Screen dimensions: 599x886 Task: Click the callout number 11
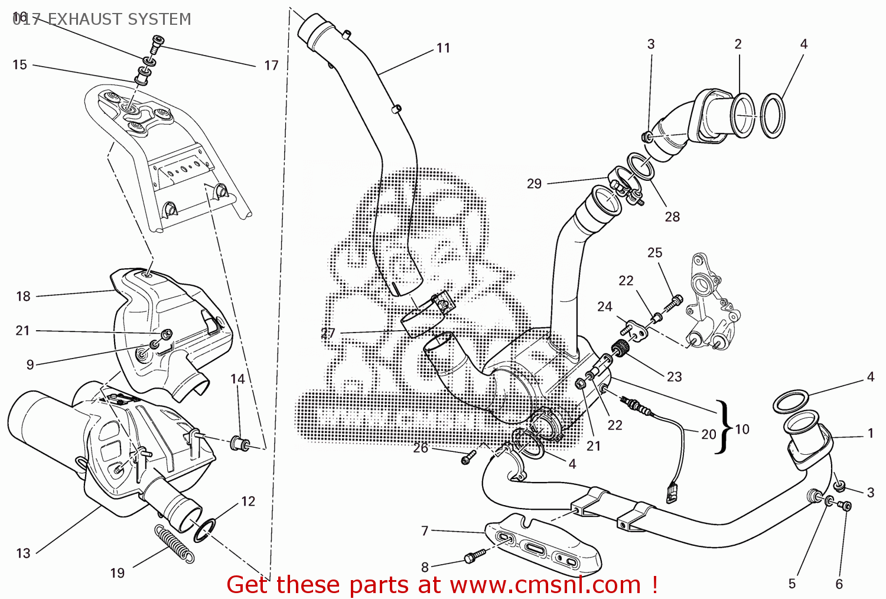(444, 48)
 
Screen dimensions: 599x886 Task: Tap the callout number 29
(534, 184)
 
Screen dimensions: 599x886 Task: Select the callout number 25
(654, 253)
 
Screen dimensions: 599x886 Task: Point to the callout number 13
(23, 554)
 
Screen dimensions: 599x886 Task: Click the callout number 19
(118, 573)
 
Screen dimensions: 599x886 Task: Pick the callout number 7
(425, 531)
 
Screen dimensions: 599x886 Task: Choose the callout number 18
(23, 297)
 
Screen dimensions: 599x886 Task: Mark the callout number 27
(328, 333)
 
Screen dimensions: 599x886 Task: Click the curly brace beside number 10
(722, 427)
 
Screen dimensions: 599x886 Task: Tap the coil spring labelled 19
(174, 542)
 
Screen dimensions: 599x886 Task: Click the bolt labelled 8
(474, 556)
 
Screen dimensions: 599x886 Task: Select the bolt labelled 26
(468, 457)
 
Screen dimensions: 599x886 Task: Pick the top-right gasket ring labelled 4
(773, 116)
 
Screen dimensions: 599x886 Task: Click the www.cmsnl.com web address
(545, 585)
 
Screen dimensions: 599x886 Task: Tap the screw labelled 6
(845, 506)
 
